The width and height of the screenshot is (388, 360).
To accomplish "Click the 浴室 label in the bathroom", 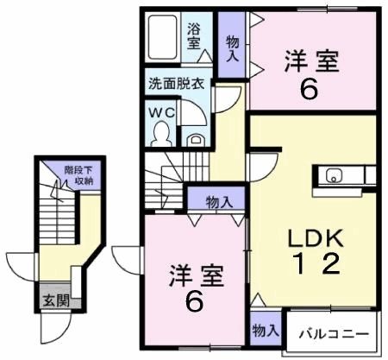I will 194,35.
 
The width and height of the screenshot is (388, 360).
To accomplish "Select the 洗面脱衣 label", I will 175,85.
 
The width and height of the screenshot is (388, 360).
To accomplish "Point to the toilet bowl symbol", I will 160,132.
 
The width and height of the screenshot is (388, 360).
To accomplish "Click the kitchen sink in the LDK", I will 334,176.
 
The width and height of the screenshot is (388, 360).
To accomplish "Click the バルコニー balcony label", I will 335,335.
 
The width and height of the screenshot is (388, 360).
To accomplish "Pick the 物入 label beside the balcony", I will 265,331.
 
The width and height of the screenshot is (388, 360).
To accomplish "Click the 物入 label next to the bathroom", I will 232,47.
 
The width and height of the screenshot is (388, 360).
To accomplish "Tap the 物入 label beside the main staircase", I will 219,202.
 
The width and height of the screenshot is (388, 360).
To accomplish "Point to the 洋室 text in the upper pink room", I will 311,61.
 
